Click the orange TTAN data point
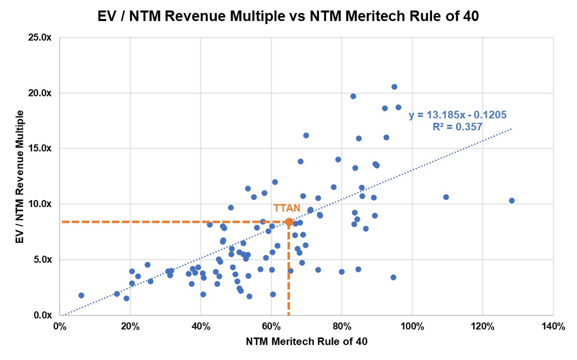tap(289, 222)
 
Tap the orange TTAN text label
tap(287, 208)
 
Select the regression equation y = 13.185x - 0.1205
tap(457, 115)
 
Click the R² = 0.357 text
tap(457, 127)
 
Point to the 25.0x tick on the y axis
tap(39, 38)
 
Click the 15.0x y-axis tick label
tap(39, 149)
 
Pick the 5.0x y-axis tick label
tap(41, 259)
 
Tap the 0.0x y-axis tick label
tap(41, 315)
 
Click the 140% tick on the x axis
tap(553, 327)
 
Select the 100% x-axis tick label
tap(412, 327)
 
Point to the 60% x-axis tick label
tap(271, 327)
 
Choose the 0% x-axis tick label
tap(59, 327)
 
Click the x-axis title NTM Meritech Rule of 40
tap(306, 341)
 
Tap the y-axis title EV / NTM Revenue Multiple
tap(20, 177)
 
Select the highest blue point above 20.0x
tap(394, 87)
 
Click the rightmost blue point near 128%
tap(512, 201)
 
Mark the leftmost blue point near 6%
tap(81, 295)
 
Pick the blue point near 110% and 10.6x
tap(446, 197)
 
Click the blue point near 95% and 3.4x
tap(393, 277)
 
